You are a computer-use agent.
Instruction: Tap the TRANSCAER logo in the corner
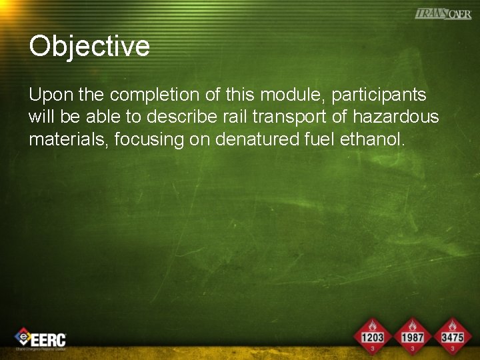click(x=443, y=13)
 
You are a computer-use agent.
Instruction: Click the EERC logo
click(x=41, y=339)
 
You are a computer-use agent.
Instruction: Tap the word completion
click(x=150, y=96)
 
